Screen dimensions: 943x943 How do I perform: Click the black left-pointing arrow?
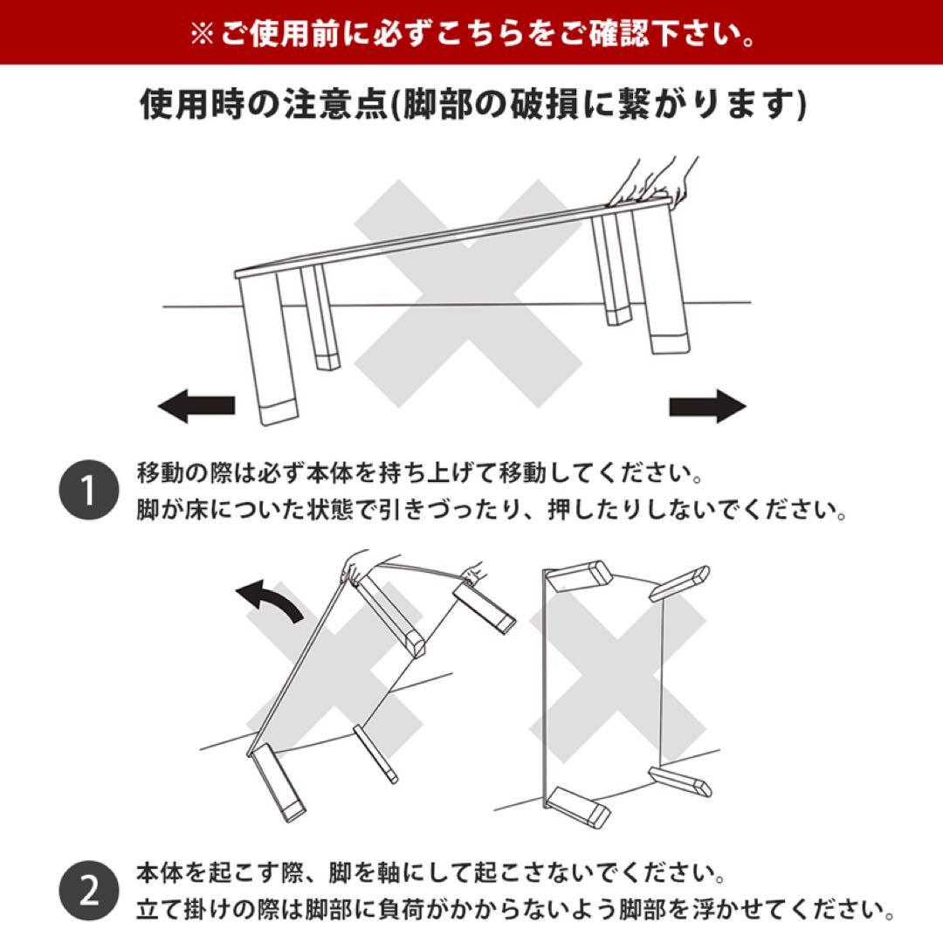point(197,406)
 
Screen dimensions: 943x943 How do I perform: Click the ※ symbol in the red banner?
point(202,36)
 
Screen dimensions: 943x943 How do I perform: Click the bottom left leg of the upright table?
point(577,806)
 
